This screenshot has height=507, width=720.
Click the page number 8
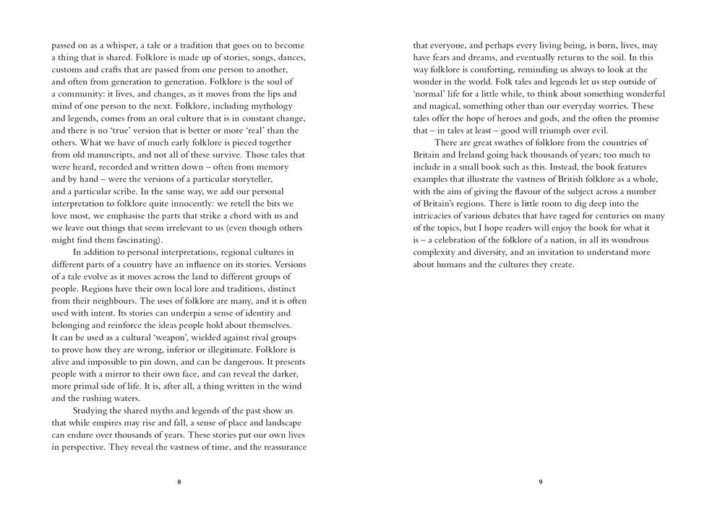179,482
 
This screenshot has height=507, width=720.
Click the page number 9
540,482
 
